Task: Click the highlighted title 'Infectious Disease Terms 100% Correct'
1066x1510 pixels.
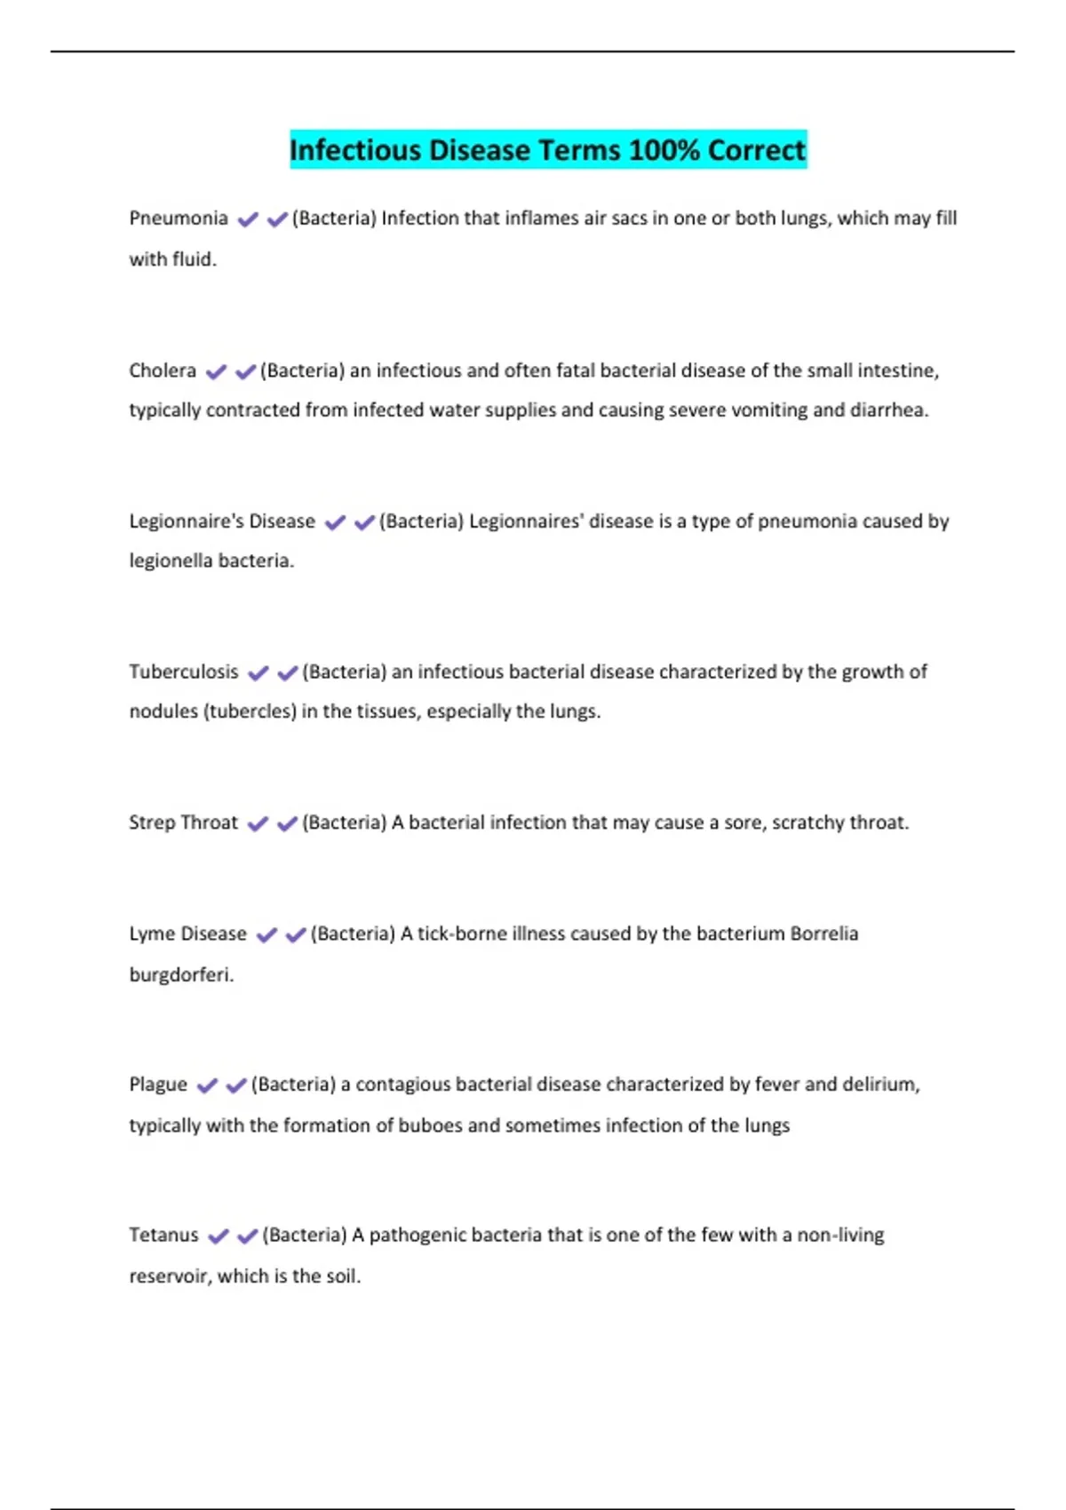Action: click(x=547, y=149)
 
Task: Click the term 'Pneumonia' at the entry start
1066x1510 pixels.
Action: click(x=179, y=219)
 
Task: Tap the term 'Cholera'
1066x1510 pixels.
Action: click(x=163, y=370)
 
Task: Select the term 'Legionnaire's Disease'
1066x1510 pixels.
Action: click(x=222, y=521)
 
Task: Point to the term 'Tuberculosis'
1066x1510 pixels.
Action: click(x=184, y=672)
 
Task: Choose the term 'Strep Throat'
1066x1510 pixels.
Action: click(x=183, y=823)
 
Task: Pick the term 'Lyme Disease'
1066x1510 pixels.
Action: click(x=187, y=934)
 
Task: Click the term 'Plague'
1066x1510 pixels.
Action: click(x=158, y=1085)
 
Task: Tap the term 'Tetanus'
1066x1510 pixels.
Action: click(x=163, y=1235)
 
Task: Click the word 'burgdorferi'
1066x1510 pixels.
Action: click(x=180, y=974)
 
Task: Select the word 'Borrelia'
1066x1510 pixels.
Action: click(x=823, y=934)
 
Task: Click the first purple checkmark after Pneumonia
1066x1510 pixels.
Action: click(x=248, y=219)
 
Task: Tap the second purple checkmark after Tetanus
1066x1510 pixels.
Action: click(x=248, y=1236)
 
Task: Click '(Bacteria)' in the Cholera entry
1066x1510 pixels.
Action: click(x=302, y=370)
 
